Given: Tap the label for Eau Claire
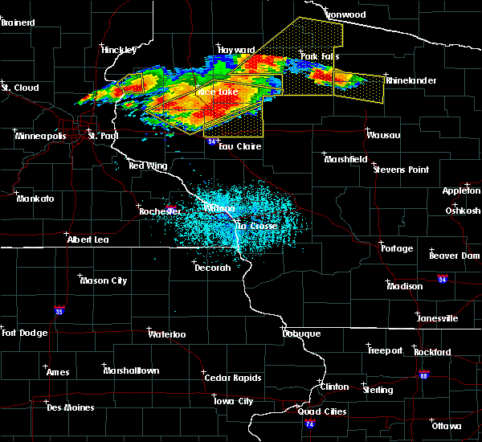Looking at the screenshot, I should [x=239, y=147].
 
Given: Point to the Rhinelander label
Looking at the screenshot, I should [x=411, y=80].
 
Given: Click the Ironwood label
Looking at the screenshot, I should [x=345, y=14].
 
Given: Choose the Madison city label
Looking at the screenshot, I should [x=404, y=286].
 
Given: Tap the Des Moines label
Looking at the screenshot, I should [x=70, y=407].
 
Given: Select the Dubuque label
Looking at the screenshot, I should [x=301, y=334].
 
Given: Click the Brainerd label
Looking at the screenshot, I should [x=20, y=23].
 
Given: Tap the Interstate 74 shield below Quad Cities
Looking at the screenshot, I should [x=310, y=423].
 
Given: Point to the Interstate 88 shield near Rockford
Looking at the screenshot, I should [x=423, y=374].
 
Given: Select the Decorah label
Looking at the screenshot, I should [x=213, y=268].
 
